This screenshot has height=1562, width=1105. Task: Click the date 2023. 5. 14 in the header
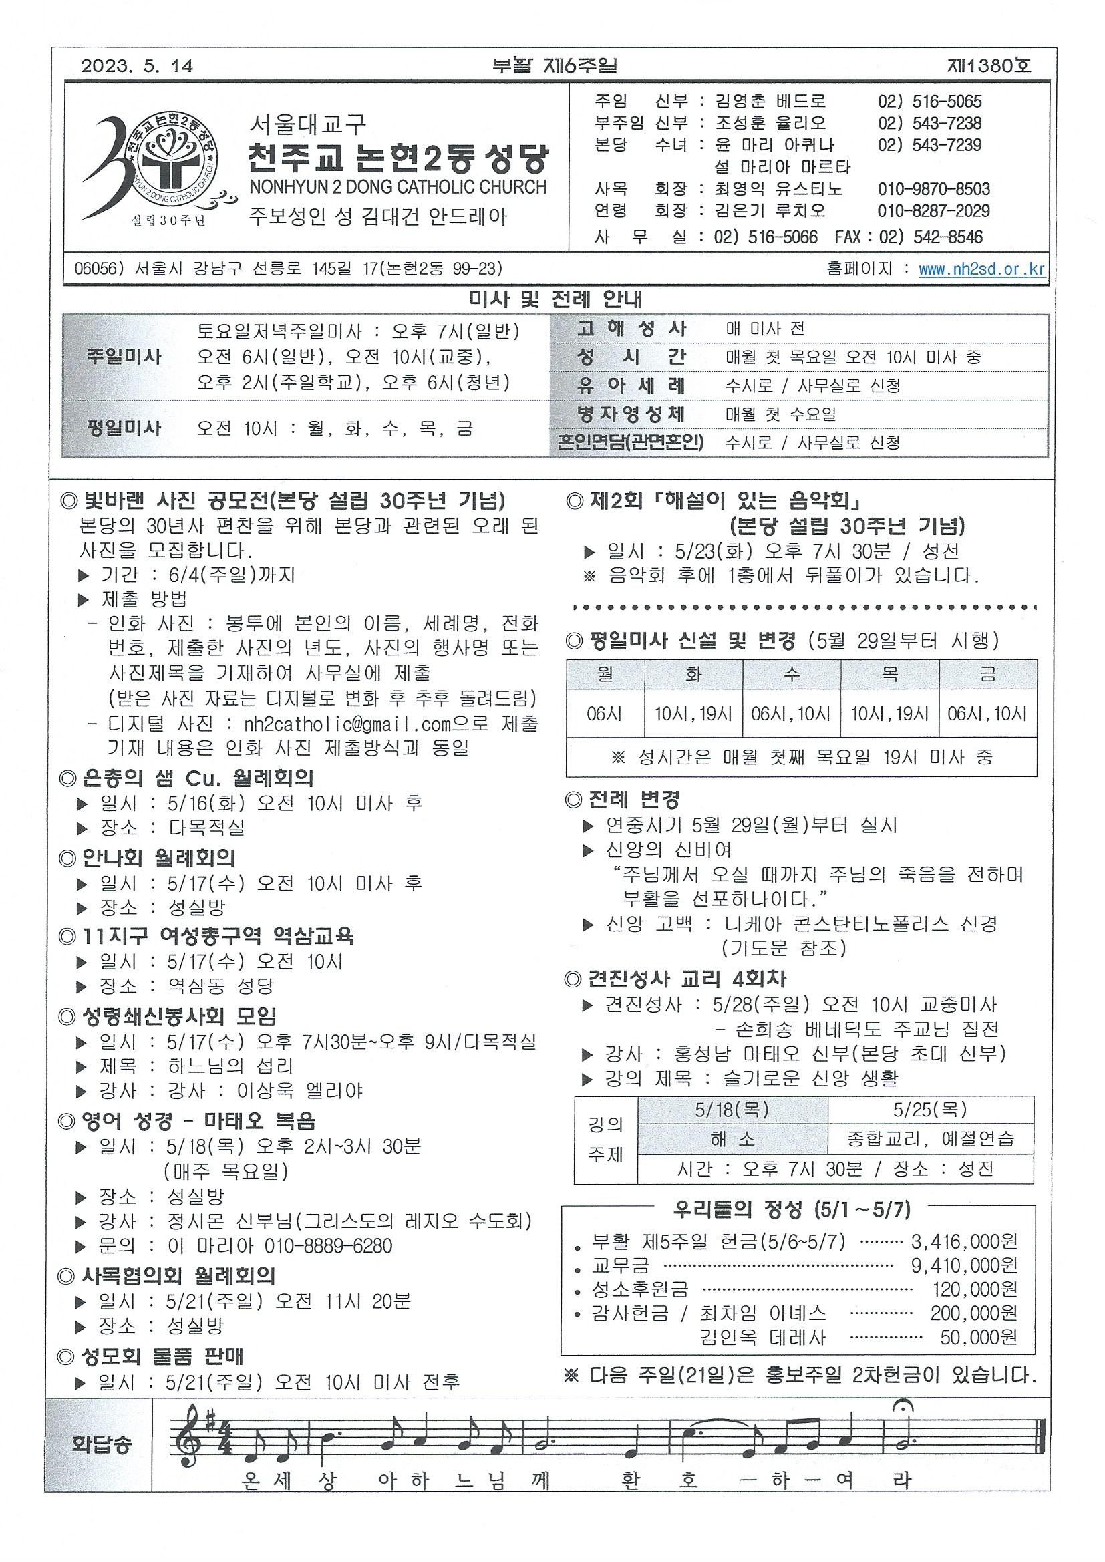click(x=138, y=66)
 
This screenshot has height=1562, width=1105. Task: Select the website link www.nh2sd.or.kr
click(x=981, y=269)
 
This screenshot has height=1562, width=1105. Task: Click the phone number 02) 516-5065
click(x=929, y=102)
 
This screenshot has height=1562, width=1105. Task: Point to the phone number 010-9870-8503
click(x=933, y=189)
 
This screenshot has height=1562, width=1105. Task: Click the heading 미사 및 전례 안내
click(x=556, y=299)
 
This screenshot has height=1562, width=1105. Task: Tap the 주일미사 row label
click(x=124, y=357)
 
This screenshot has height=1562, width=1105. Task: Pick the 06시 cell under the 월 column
click(x=605, y=714)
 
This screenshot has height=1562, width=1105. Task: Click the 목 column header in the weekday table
click(x=889, y=674)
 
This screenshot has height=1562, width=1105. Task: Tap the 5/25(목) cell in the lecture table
click(x=930, y=1110)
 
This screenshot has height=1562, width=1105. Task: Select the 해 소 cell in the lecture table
click(x=732, y=1139)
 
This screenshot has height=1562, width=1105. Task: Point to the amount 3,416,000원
click(x=964, y=1241)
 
